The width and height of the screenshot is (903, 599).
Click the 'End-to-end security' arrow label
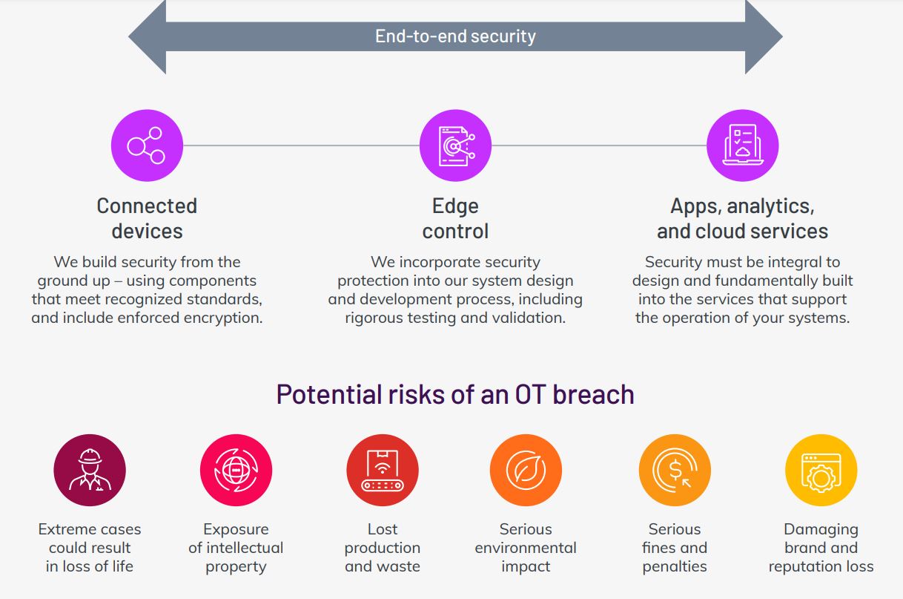pos(455,36)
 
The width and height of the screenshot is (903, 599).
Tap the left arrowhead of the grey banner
pos(148,36)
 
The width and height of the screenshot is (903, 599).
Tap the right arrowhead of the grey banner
pos(764,36)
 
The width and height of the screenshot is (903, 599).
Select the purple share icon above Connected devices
pos(147,145)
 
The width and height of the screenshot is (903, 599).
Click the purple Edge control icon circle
pos(455,145)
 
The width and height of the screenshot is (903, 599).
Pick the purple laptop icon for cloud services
pos(743,145)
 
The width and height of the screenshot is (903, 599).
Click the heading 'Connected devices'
pos(147,218)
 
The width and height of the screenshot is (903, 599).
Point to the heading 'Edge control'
pos(455,218)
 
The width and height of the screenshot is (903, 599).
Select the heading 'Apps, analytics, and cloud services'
pos(743,218)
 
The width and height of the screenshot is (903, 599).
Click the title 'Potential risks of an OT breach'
pos(455,394)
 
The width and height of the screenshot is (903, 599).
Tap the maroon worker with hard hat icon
pos(90,471)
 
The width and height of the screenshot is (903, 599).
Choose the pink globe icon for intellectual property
pos(236,471)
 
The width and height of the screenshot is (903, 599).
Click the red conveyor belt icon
pos(383,471)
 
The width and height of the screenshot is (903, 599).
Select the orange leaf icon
pos(526,471)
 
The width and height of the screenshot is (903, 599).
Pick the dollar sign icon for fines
pos(675,471)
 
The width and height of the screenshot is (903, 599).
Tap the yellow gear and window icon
pos(821,471)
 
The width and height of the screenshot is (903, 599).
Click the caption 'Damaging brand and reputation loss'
pos(821,548)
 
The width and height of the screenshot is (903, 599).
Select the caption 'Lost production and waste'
pos(383,548)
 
